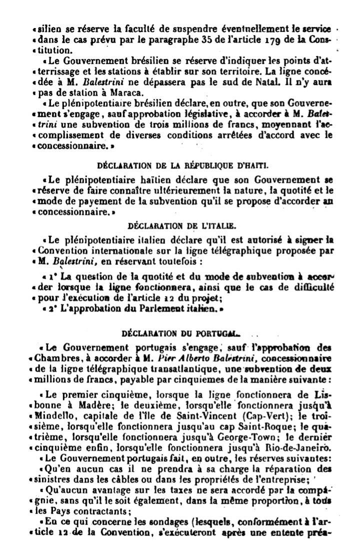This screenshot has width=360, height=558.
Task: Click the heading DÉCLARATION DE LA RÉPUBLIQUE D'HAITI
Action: coord(182,164)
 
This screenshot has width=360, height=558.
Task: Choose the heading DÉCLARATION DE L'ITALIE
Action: coord(181,225)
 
